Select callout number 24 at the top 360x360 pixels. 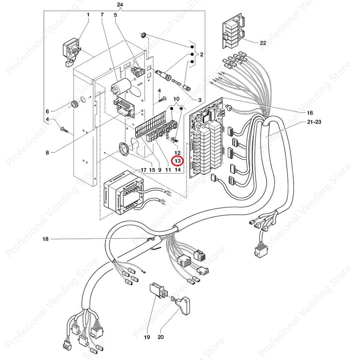120,5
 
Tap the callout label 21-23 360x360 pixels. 314,122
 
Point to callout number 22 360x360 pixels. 263,43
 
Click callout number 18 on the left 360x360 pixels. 45,239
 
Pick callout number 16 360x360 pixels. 310,113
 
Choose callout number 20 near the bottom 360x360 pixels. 161,337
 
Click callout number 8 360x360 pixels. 47,152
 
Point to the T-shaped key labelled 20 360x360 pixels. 181,303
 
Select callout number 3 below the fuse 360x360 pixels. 200,100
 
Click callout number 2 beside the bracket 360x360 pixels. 201,54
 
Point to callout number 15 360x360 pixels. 152,170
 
